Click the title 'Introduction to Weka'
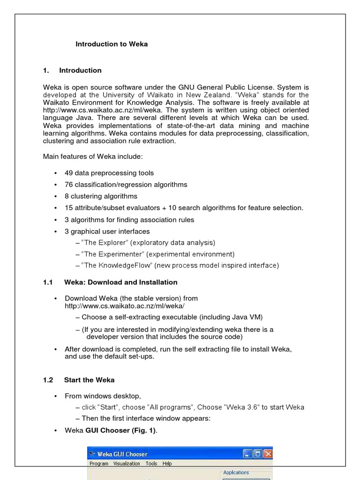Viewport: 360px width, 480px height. click(112, 44)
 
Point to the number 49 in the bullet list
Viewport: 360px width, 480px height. click(68, 173)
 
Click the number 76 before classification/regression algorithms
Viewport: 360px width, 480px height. click(68, 185)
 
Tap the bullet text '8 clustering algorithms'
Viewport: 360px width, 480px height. click(101, 196)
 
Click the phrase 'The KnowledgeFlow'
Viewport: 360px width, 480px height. click(118, 266)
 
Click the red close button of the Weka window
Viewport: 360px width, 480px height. click(268, 454)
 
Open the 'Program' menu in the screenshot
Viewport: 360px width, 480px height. click(99, 464)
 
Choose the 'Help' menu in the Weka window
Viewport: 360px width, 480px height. click(167, 464)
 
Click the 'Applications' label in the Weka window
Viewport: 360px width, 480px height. click(236, 472)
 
